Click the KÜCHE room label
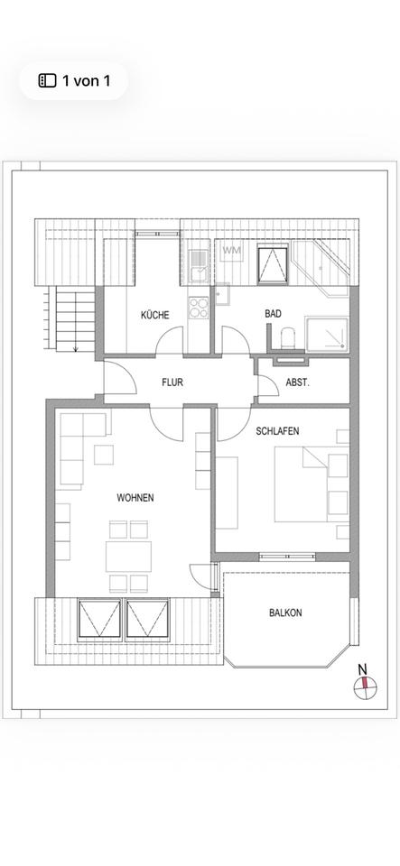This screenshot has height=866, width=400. coord(154,316)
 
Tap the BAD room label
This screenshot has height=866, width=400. coord(273,314)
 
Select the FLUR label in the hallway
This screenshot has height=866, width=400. coord(172,382)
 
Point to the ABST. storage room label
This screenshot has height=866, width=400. coord(297,382)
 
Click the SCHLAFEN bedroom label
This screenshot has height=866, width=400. coord(277,431)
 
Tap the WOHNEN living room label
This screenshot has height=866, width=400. coord(135,498)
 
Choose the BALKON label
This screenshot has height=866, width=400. coord(285,613)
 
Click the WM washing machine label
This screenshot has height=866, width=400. coord(231,250)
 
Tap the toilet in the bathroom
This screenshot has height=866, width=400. coord(288,338)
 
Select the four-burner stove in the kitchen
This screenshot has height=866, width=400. coord(199,308)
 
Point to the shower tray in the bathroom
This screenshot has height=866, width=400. coord(327,334)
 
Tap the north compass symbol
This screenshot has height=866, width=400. coord(365,686)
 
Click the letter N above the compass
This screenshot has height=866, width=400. coord(362,668)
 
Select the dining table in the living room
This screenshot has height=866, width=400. coord(129,557)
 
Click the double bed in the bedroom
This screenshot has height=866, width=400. coord(312,484)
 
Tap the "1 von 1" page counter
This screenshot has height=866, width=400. coord(86,80)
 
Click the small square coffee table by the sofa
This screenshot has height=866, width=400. coord(103,455)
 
